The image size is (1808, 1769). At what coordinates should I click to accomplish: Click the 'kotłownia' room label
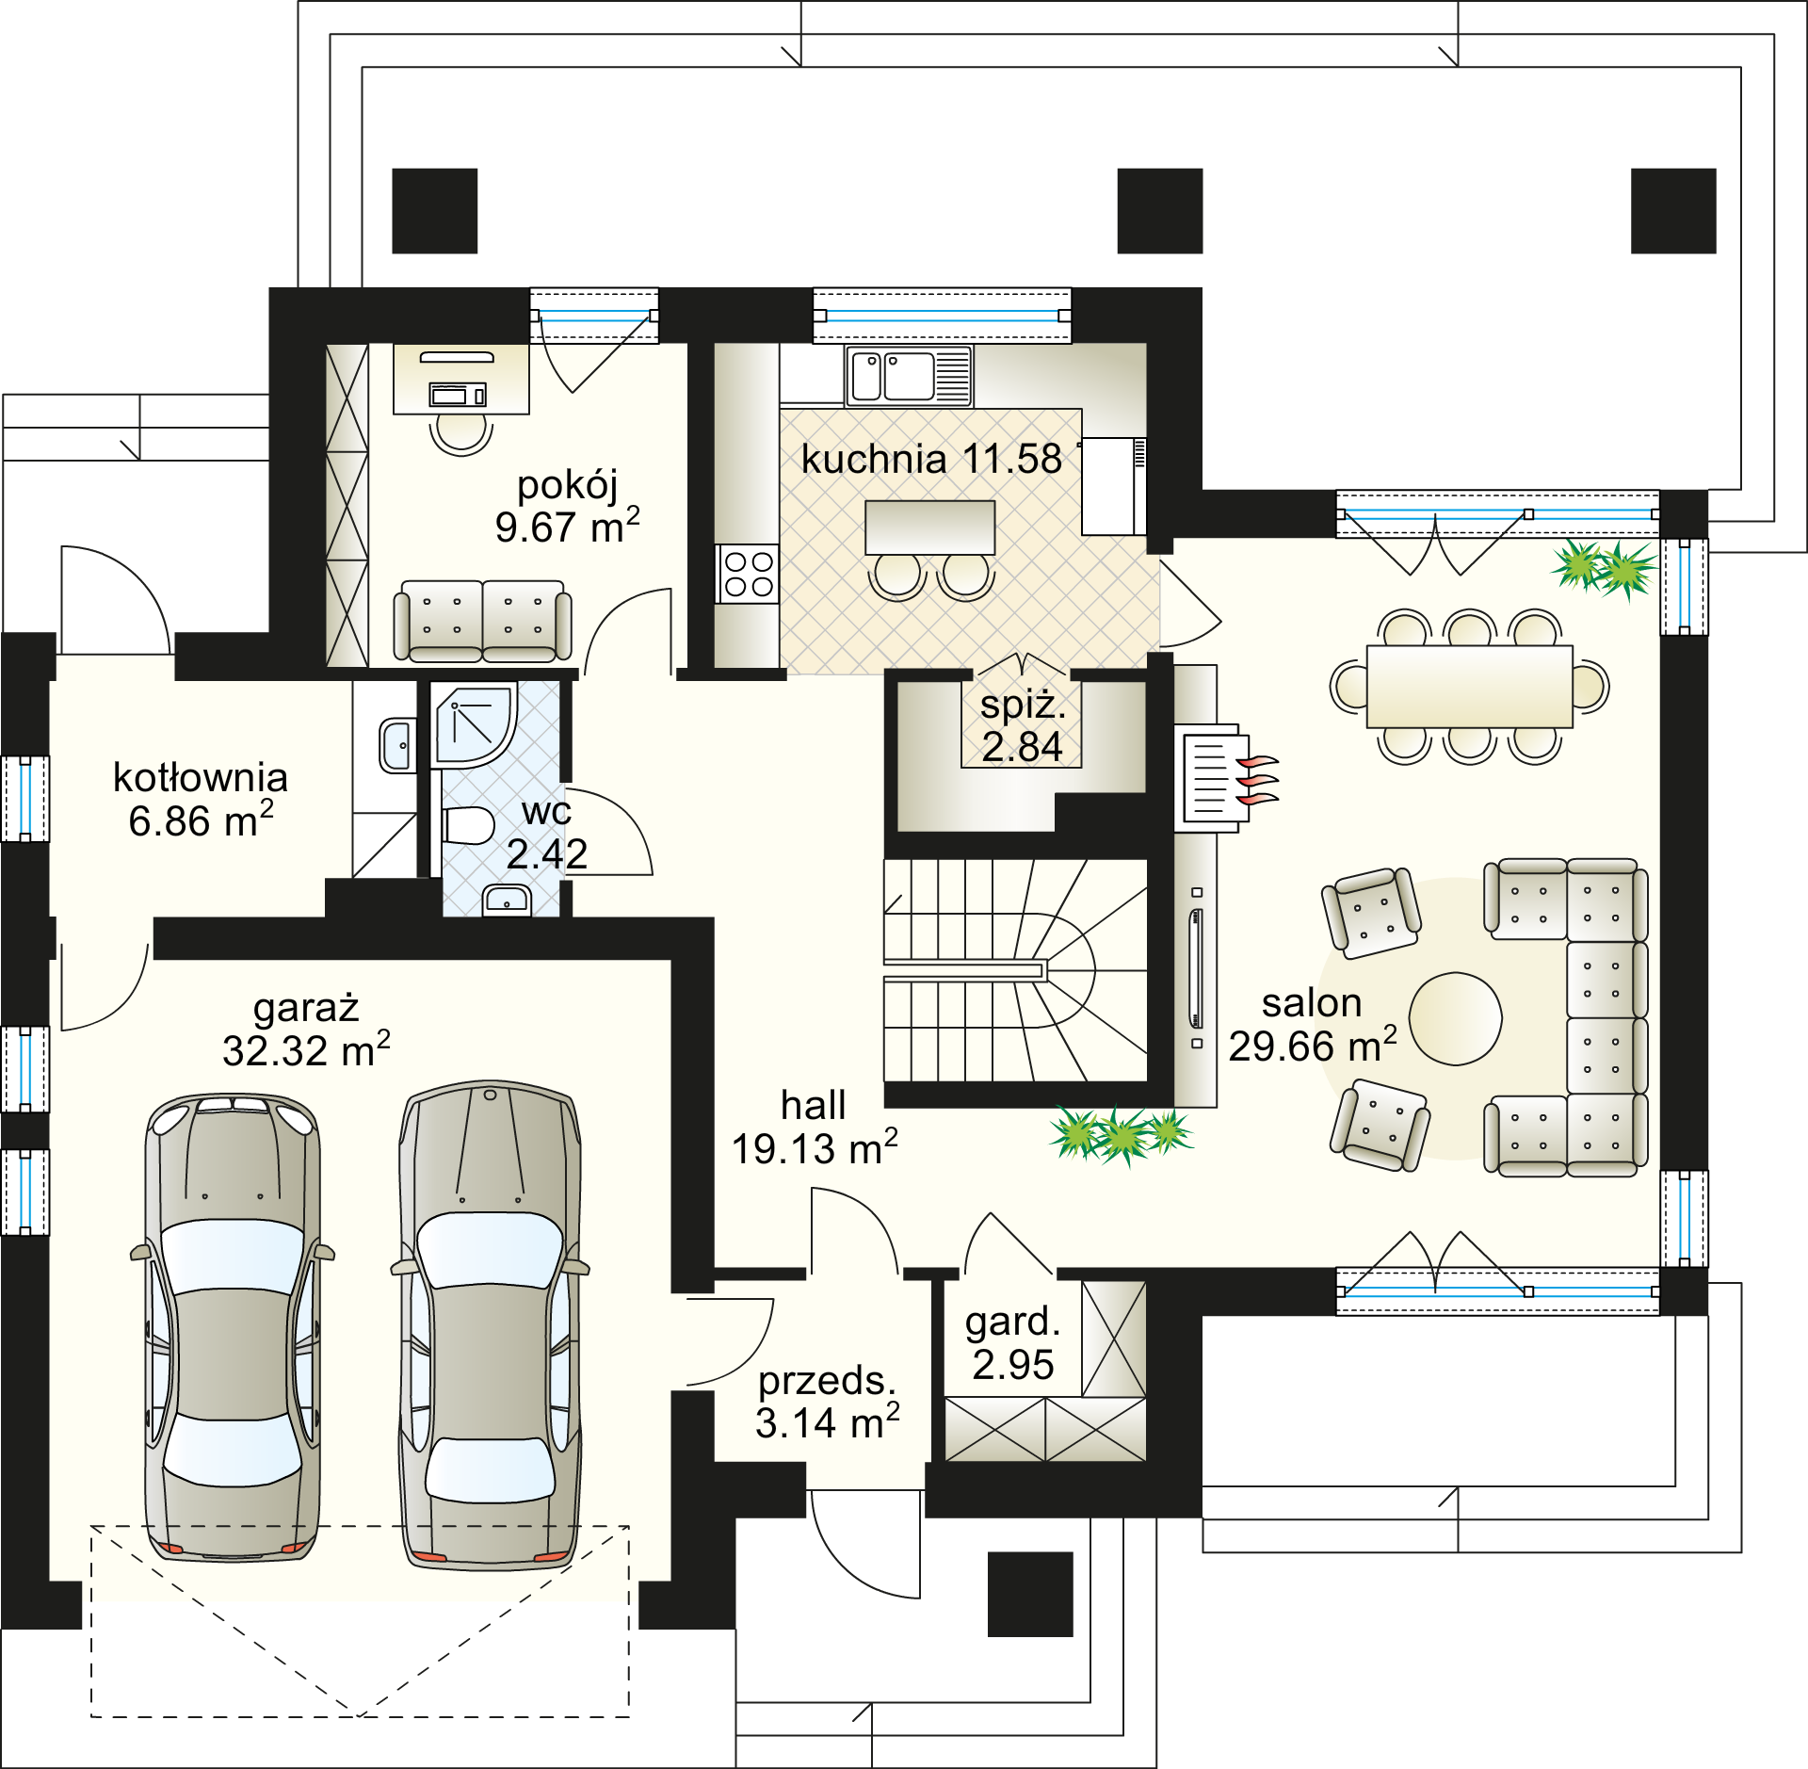(x=201, y=778)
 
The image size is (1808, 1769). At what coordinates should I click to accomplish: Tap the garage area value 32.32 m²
(x=306, y=1049)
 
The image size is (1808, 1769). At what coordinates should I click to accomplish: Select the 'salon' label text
(x=1312, y=1003)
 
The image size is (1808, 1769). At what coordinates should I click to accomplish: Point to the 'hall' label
(x=814, y=1105)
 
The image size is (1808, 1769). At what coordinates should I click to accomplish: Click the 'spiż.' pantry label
(x=1023, y=705)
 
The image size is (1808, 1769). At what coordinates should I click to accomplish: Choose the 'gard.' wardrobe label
(x=1013, y=1322)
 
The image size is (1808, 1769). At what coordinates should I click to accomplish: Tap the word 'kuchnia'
(x=874, y=460)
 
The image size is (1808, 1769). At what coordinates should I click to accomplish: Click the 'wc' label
(x=546, y=811)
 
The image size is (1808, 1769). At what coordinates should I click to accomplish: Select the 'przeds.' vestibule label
(x=828, y=1381)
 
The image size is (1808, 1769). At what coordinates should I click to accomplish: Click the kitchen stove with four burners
(x=748, y=574)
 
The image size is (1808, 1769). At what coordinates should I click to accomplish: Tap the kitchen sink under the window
(x=909, y=376)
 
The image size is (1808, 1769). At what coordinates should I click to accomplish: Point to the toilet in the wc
(x=468, y=826)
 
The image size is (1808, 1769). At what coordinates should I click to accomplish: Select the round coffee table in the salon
(x=1455, y=1019)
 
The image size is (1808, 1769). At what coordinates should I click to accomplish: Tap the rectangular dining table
(x=1469, y=687)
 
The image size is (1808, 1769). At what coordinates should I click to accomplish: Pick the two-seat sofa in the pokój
(x=482, y=621)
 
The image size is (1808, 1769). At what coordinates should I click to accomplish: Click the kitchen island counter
(x=929, y=527)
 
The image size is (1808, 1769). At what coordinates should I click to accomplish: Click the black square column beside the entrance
(x=1030, y=1594)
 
